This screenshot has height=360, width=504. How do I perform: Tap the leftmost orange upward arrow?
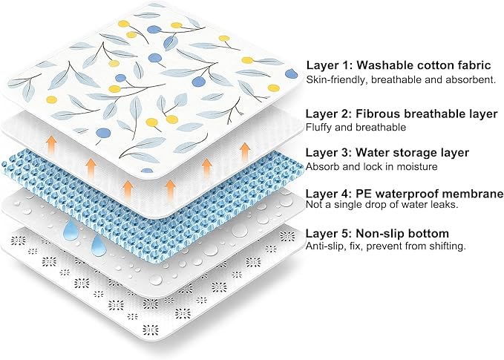pos(51,143)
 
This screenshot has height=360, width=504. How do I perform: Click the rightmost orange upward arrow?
pos(245,152)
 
